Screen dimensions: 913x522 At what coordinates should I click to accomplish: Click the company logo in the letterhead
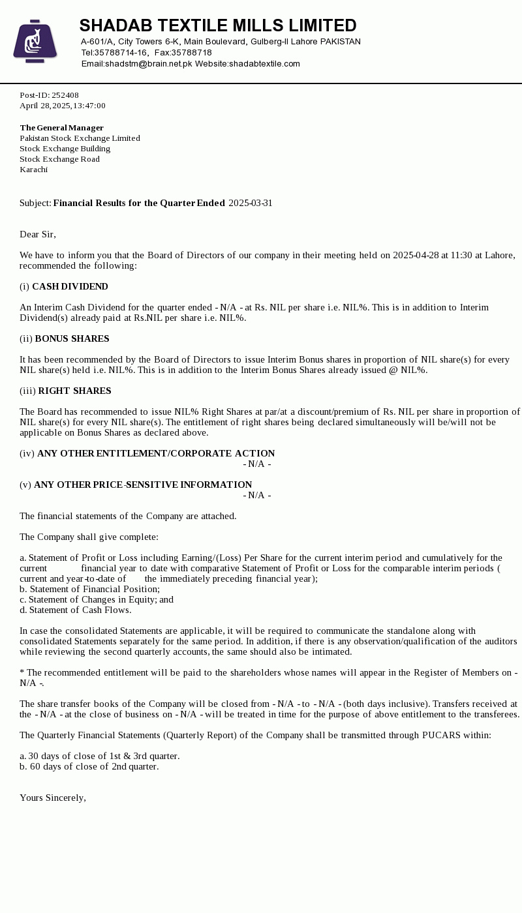pyautogui.click(x=35, y=41)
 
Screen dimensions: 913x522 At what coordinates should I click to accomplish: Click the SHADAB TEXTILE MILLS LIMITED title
pyautogui.click(x=218, y=25)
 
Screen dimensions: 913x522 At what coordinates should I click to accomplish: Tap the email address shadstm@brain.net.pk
pyautogui.click(x=148, y=64)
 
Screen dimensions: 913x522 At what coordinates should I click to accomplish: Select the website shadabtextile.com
pyautogui.click(x=264, y=64)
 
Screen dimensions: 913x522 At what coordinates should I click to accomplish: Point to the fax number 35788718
pyautogui.click(x=191, y=53)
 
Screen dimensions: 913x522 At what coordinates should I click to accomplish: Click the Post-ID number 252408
pyautogui.click(x=65, y=95)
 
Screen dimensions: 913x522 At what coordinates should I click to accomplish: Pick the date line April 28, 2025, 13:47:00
pyautogui.click(x=63, y=106)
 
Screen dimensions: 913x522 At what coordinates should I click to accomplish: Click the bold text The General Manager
pyautogui.click(x=61, y=128)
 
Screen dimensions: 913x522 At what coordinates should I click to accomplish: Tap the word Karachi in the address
pyautogui.click(x=33, y=170)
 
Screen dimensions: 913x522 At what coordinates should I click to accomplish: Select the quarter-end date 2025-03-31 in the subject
pyautogui.click(x=250, y=203)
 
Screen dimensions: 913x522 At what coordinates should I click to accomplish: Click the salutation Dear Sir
pyautogui.click(x=38, y=234)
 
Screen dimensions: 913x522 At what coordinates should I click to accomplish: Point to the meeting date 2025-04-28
pyautogui.click(x=416, y=255)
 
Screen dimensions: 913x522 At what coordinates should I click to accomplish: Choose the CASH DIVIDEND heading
pyautogui.click(x=70, y=286)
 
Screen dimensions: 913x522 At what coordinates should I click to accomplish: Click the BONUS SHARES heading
pyautogui.click(x=72, y=338)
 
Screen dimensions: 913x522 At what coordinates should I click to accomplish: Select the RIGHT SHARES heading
pyautogui.click(x=74, y=391)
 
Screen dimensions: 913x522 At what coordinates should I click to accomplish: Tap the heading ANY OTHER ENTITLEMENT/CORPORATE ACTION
pyautogui.click(x=156, y=453)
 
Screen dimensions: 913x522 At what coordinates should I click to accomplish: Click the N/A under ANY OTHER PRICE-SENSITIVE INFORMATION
pyautogui.click(x=257, y=495)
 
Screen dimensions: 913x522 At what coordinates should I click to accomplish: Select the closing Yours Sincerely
pyautogui.click(x=53, y=798)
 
